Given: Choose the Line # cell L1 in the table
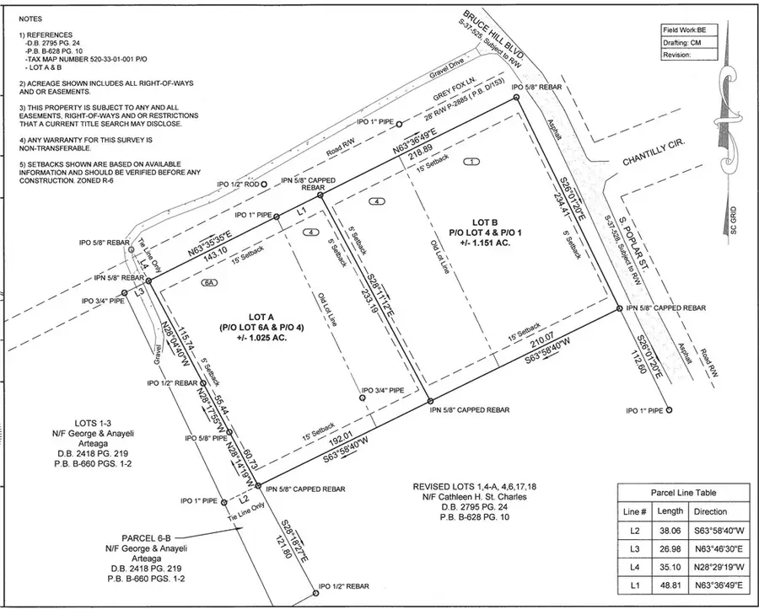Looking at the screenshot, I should pyautogui.click(x=635, y=591).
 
